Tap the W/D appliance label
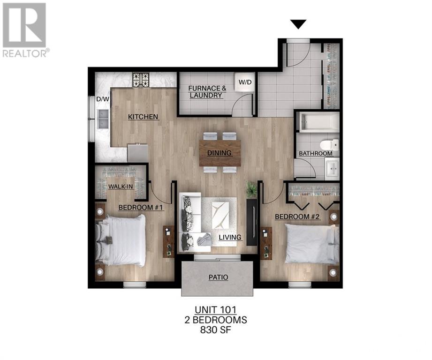pyautogui.click(x=245, y=82)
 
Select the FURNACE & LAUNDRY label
pyautogui.click(x=207, y=92)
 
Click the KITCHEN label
pyautogui.click(x=143, y=117)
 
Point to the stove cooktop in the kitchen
pyautogui.click(x=141, y=80)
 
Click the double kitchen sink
pyautogui.click(x=103, y=119)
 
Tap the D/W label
pyautogui.click(x=103, y=99)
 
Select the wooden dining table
pyautogui.click(x=220, y=153)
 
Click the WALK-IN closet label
pyautogui.click(x=121, y=187)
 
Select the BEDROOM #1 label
pyautogui.click(x=141, y=207)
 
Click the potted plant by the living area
pyautogui.click(x=251, y=189)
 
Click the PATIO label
pyautogui.click(x=219, y=277)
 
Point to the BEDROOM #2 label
pyautogui.click(x=297, y=217)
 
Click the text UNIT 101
pyautogui.click(x=215, y=310)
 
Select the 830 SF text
pyautogui.click(x=215, y=330)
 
